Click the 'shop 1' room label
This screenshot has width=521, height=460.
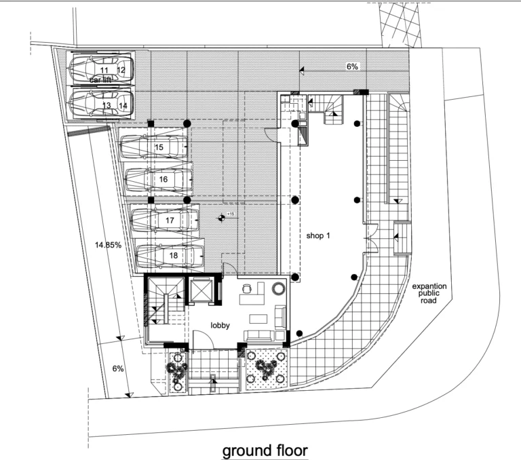[318, 235]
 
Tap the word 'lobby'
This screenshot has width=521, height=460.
[220, 326]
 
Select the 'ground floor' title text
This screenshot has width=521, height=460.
[265, 451]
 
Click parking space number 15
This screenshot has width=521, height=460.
[159, 147]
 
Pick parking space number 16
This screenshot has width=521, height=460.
[163, 180]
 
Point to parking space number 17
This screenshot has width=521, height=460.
[170, 221]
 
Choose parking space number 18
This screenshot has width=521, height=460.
[174, 255]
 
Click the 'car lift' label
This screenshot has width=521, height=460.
[100, 80]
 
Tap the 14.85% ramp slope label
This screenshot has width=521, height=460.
[108, 245]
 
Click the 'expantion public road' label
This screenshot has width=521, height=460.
[429, 294]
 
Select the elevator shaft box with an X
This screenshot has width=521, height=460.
[201, 290]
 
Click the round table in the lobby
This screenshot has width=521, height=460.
[278, 288]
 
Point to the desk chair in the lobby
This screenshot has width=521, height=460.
[246, 288]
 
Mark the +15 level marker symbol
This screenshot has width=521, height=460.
[221, 218]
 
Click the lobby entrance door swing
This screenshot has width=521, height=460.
[203, 339]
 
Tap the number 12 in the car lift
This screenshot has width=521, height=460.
[121, 70]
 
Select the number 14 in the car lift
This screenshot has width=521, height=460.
[123, 106]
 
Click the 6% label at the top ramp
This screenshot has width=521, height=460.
[352, 66]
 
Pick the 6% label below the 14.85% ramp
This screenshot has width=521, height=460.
[118, 368]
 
